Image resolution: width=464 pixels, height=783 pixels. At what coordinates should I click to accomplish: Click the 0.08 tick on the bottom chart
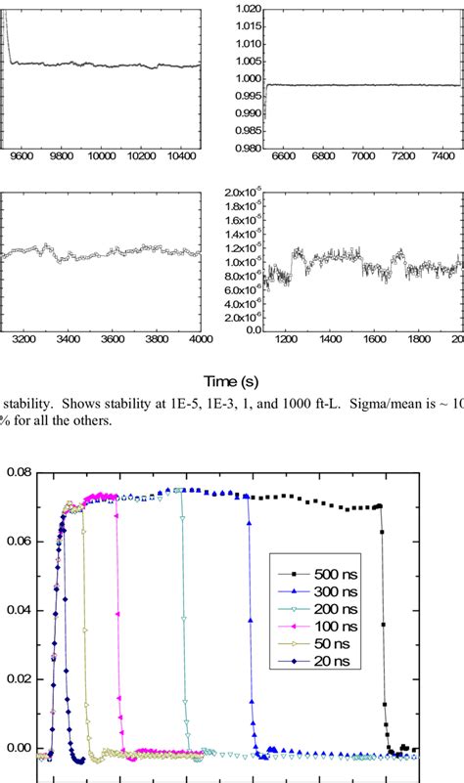(17, 472)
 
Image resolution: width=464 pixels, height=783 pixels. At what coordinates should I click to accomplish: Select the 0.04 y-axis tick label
(17, 610)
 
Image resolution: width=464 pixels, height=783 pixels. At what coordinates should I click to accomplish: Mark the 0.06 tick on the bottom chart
(17, 541)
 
